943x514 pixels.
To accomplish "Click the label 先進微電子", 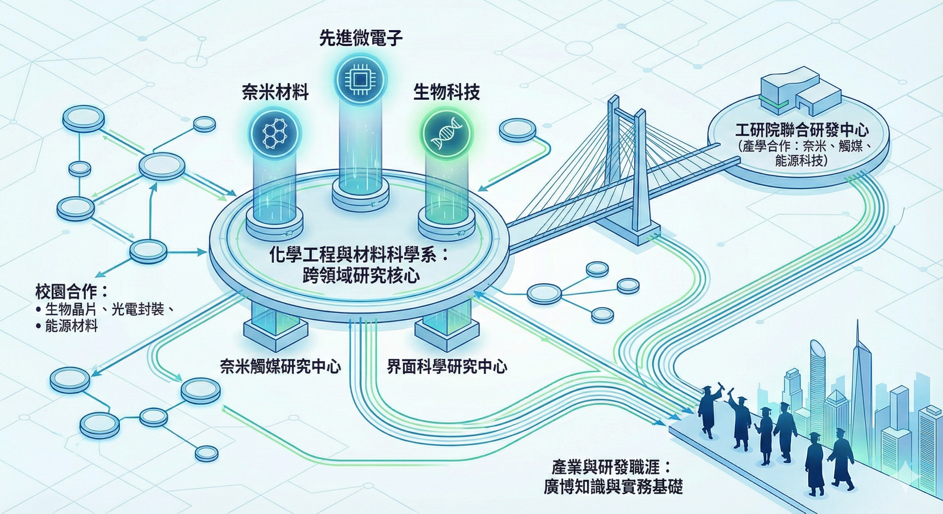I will [361, 38].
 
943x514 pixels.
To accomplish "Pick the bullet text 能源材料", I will [71, 326].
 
